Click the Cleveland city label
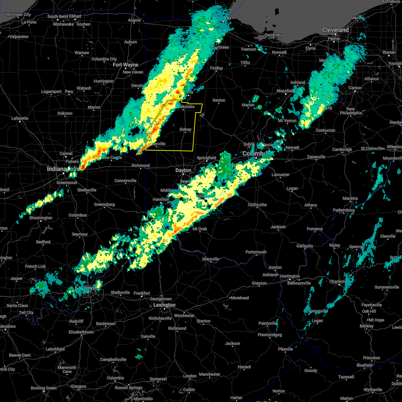coord(335,30)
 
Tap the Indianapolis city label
coord(63,169)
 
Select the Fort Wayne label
coord(125,65)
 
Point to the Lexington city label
coord(164,305)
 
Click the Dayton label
coord(183,171)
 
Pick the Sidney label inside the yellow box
coord(185,130)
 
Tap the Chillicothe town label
coord(257,205)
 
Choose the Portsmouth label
coord(256,252)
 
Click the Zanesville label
coord(316,157)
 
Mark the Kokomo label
coord(65,113)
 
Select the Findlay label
coord(216,68)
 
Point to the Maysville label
coord(211,259)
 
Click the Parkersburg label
coord(343,210)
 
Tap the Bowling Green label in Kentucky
coord(44,388)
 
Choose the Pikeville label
coord(285,349)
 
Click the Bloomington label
coord(41,218)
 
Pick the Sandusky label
coord(274,35)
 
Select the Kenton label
coord(219,100)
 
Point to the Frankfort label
coord(142,293)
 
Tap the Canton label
coord(355,88)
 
